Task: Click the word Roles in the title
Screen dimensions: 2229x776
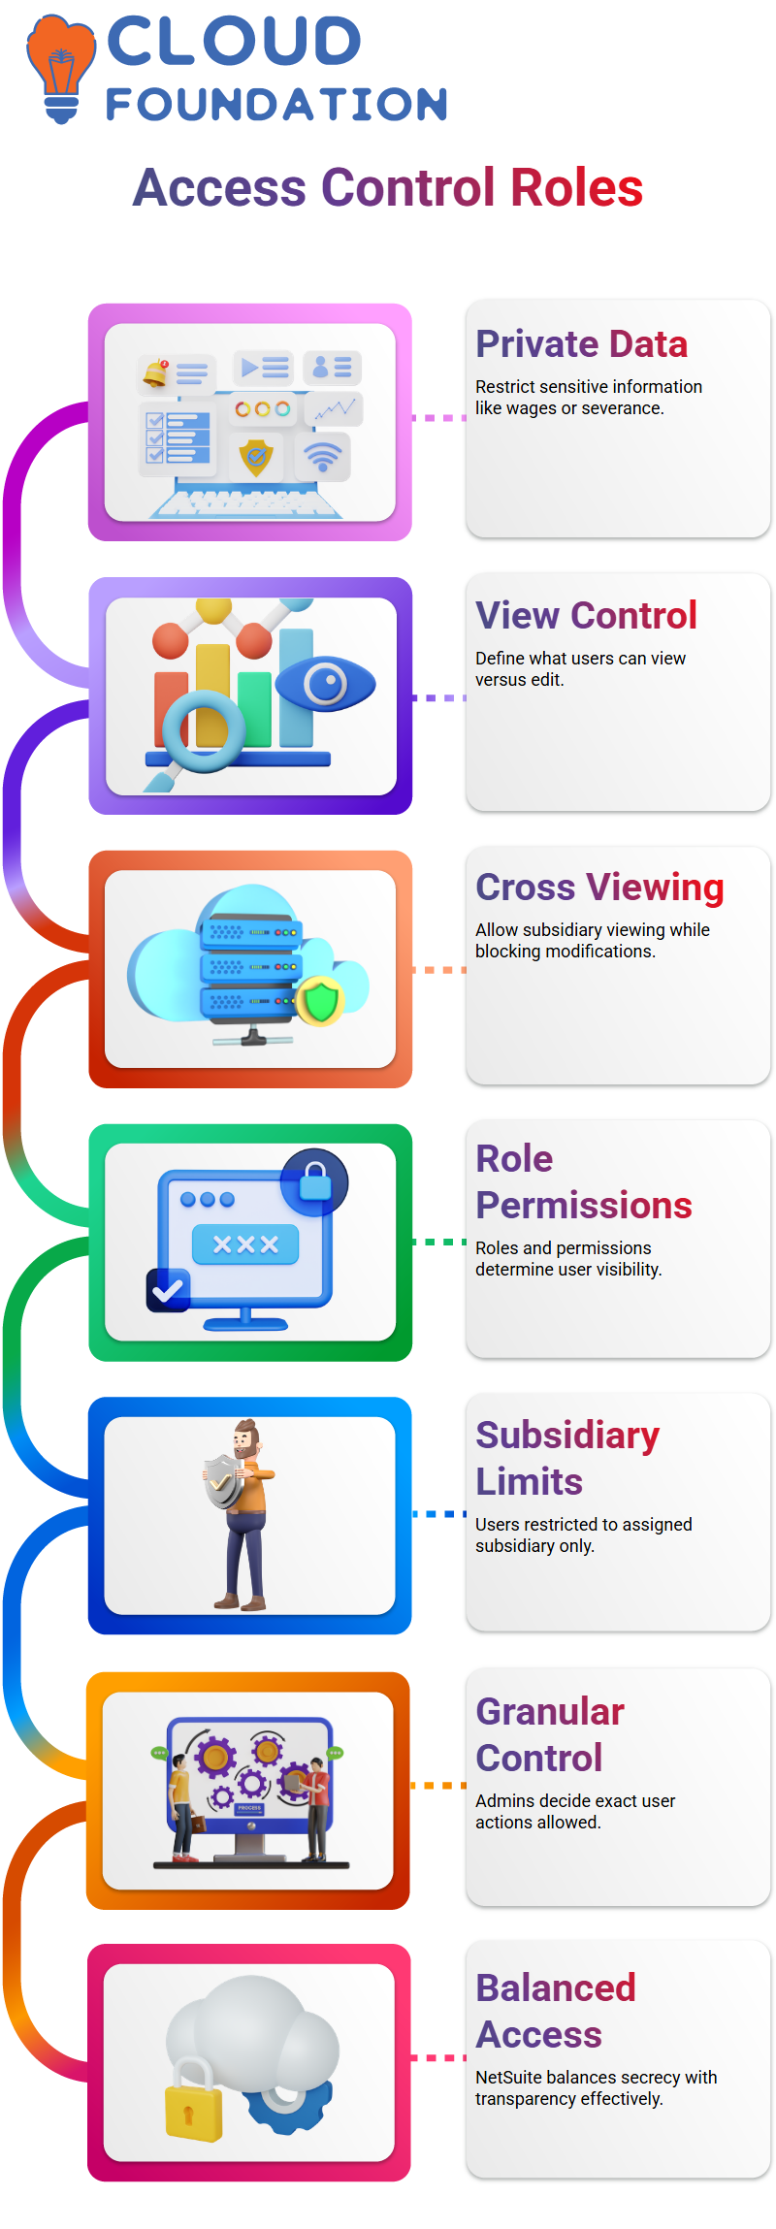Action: click(576, 188)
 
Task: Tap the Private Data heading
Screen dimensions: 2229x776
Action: click(581, 344)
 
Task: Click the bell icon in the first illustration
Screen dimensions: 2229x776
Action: click(155, 372)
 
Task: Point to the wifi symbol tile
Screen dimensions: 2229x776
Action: click(323, 456)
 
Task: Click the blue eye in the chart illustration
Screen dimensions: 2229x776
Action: click(325, 684)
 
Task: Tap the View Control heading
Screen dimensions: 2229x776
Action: click(586, 616)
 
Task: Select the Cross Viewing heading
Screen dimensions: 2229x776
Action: click(599, 888)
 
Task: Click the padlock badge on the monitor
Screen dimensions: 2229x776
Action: click(314, 1182)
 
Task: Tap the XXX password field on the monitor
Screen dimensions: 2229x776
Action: click(245, 1244)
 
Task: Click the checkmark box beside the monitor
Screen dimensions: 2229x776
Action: click(168, 1290)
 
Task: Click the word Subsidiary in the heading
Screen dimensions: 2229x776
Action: click(567, 1436)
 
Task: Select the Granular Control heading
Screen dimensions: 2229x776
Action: click(550, 1735)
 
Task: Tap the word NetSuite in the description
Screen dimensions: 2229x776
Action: click(508, 2077)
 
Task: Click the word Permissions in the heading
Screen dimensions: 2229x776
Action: click(583, 1206)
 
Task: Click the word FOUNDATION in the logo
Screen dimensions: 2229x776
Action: click(276, 105)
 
